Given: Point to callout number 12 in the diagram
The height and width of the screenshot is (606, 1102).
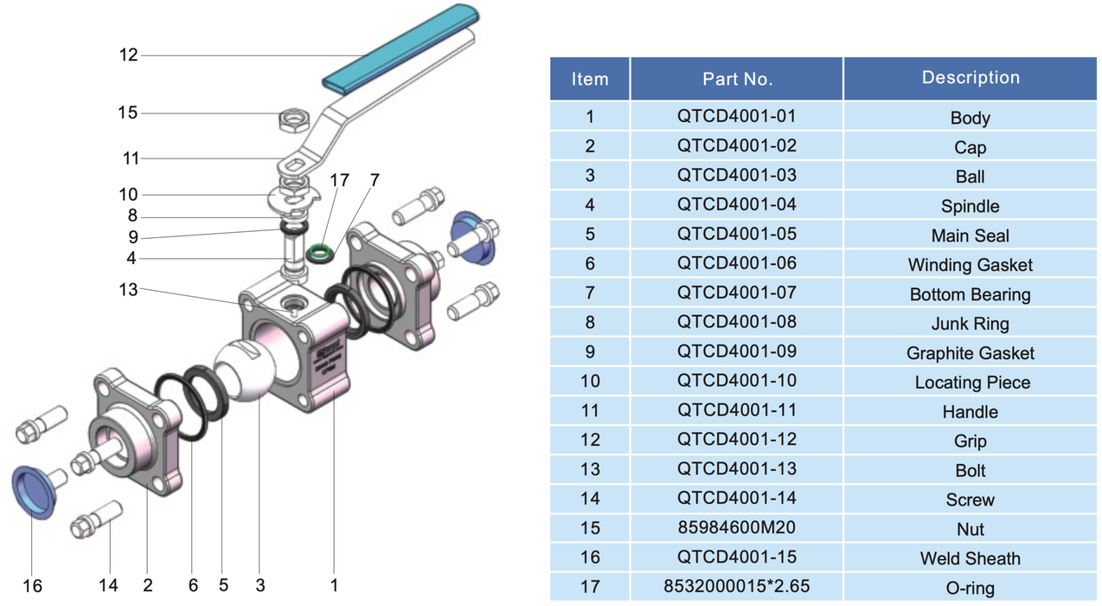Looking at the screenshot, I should click(x=129, y=55).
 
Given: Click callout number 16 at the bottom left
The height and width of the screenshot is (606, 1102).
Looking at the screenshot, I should click(x=32, y=586).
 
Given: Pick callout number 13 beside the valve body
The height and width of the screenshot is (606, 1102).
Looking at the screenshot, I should click(x=129, y=289).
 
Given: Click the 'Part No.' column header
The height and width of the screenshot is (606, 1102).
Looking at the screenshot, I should click(x=736, y=79).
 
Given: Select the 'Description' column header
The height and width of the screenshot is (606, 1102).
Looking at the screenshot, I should click(x=970, y=78).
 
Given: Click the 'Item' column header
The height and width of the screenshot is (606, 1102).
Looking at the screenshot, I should click(x=590, y=79).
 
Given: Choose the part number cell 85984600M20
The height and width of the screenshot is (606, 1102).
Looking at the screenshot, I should click(x=736, y=528).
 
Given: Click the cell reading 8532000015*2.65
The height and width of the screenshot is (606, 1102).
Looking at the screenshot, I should click(x=736, y=587).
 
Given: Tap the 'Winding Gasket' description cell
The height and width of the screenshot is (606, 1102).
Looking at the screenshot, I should click(x=970, y=265).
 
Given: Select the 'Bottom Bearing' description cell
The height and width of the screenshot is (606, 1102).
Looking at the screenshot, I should click(x=970, y=294).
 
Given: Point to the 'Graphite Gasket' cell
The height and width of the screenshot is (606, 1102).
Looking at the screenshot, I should click(x=970, y=353).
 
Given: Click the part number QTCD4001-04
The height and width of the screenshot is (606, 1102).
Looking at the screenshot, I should click(x=736, y=205).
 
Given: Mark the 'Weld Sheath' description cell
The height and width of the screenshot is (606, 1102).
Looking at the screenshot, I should click(x=970, y=558).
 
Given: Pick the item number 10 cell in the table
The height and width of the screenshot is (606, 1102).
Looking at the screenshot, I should click(x=590, y=381).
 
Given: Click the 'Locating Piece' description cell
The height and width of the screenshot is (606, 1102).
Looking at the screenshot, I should click(x=970, y=383).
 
